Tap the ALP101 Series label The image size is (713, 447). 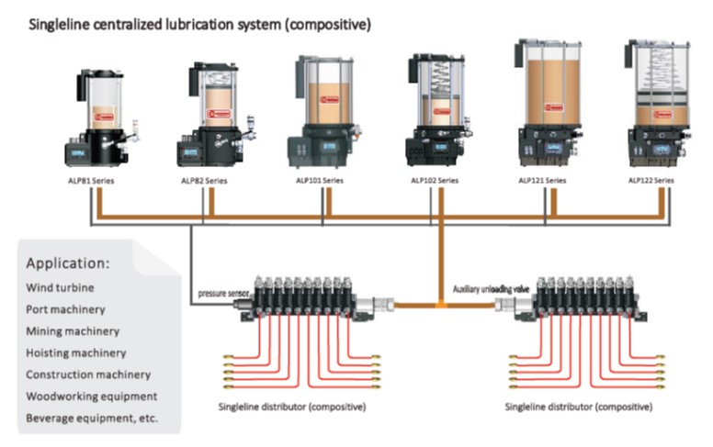click(321, 181)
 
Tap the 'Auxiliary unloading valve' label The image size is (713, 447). click(492, 290)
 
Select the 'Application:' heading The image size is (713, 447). click(68, 263)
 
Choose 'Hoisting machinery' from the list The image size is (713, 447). click(76, 352)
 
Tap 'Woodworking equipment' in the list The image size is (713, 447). click(91, 396)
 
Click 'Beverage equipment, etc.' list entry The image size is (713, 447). click(92, 418)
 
